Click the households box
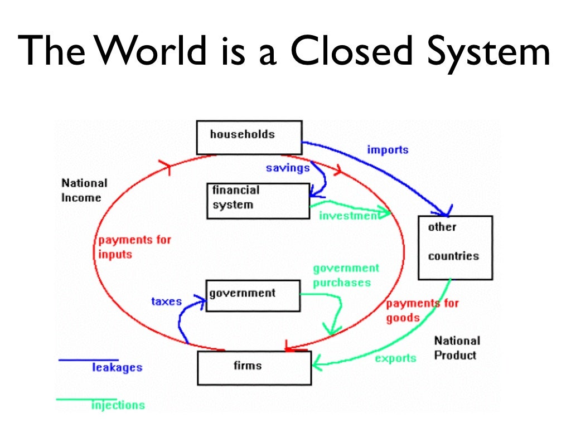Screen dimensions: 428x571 (249, 137)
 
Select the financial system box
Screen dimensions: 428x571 (258, 200)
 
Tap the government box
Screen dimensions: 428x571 (253, 295)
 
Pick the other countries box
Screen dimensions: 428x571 (455, 247)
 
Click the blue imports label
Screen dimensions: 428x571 (388, 149)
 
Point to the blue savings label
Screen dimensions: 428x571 (287, 168)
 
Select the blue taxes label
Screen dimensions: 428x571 (166, 301)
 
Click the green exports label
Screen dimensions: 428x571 (395, 358)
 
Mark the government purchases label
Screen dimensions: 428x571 (346, 275)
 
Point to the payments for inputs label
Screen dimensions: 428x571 (134, 247)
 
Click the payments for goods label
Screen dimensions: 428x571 (422, 310)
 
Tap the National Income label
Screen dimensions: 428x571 (84, 190)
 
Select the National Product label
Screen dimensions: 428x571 (456, 348)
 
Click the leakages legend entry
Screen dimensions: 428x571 (117, 367)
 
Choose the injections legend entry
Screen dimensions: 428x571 (118, 405)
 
